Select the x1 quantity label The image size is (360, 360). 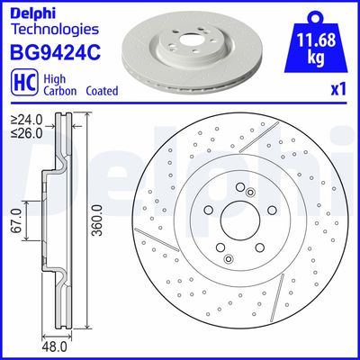click(340, 89)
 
